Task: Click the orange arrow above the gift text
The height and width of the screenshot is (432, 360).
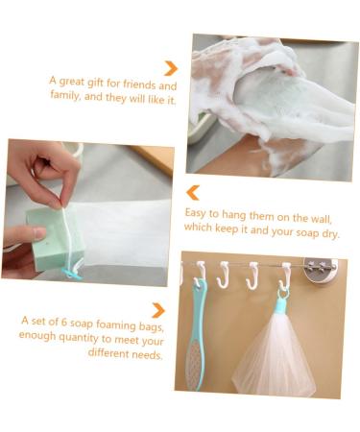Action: pyautogui.click(x=171, y=68)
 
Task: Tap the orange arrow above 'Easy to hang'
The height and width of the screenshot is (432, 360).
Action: pyautogui.click(x=193, y=192)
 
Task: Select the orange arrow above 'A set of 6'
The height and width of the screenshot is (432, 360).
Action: pyautogui.click(x=158, y=310)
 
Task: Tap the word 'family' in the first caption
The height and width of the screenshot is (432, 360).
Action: pyautogui.click(x=67, y=98)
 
